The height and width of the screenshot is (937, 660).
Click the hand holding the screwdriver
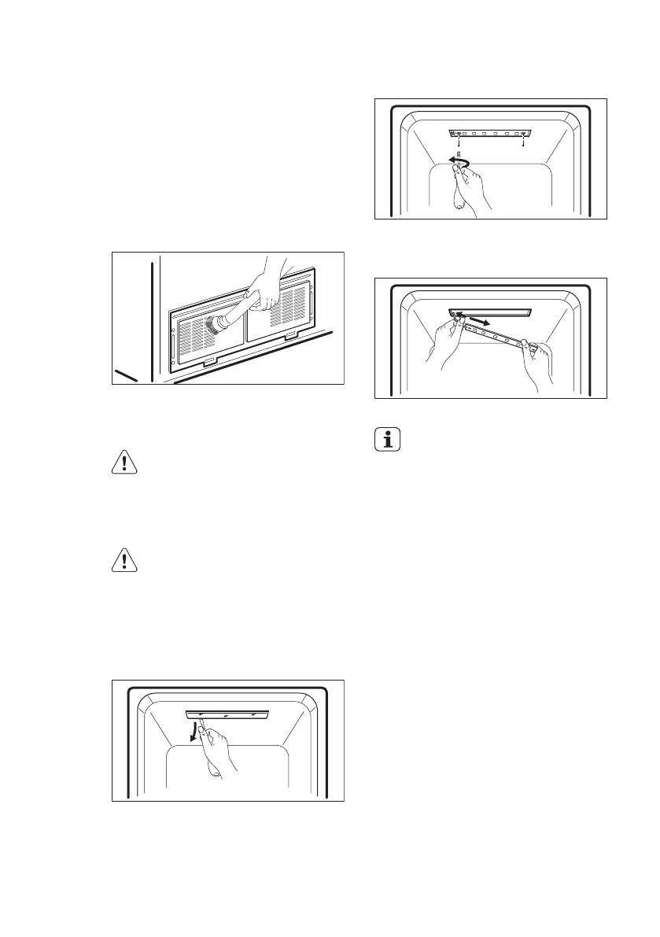click(470, 193)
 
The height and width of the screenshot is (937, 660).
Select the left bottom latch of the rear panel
click(208, 363)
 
